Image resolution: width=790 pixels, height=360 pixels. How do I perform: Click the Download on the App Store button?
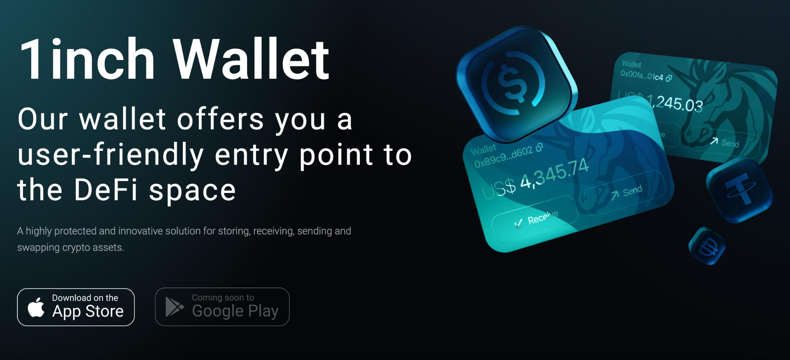tap(76, 307)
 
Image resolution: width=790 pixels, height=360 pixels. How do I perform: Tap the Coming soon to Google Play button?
tap(222, 307)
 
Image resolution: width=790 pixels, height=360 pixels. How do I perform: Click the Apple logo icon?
tap(36, 308)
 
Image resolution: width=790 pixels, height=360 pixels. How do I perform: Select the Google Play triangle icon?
tap(174, 307)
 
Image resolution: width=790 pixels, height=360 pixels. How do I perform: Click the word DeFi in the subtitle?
tap(106, 190)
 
